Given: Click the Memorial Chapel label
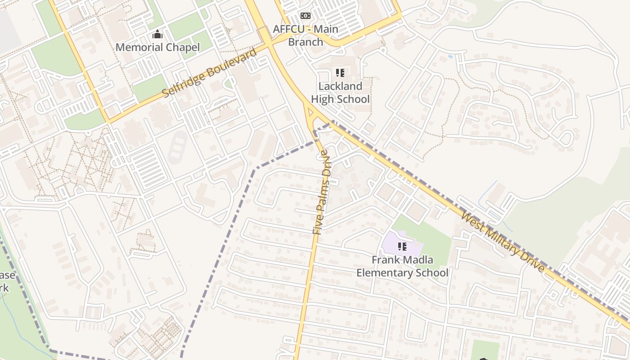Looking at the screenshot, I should coord(157,47).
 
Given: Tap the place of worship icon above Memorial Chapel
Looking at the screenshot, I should coord(157,34).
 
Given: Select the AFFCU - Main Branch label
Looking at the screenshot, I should coord(306,36).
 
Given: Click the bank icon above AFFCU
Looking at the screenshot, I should coord(306,16).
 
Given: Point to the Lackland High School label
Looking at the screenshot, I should coord(340,93).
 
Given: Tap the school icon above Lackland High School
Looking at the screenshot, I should coord(340,72).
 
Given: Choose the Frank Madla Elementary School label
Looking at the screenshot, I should coord(402,266).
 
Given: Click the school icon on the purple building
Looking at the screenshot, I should coord(402,246).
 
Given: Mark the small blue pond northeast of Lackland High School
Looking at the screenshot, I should coord(450,57).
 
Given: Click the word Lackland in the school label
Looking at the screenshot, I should coord(340,86).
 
